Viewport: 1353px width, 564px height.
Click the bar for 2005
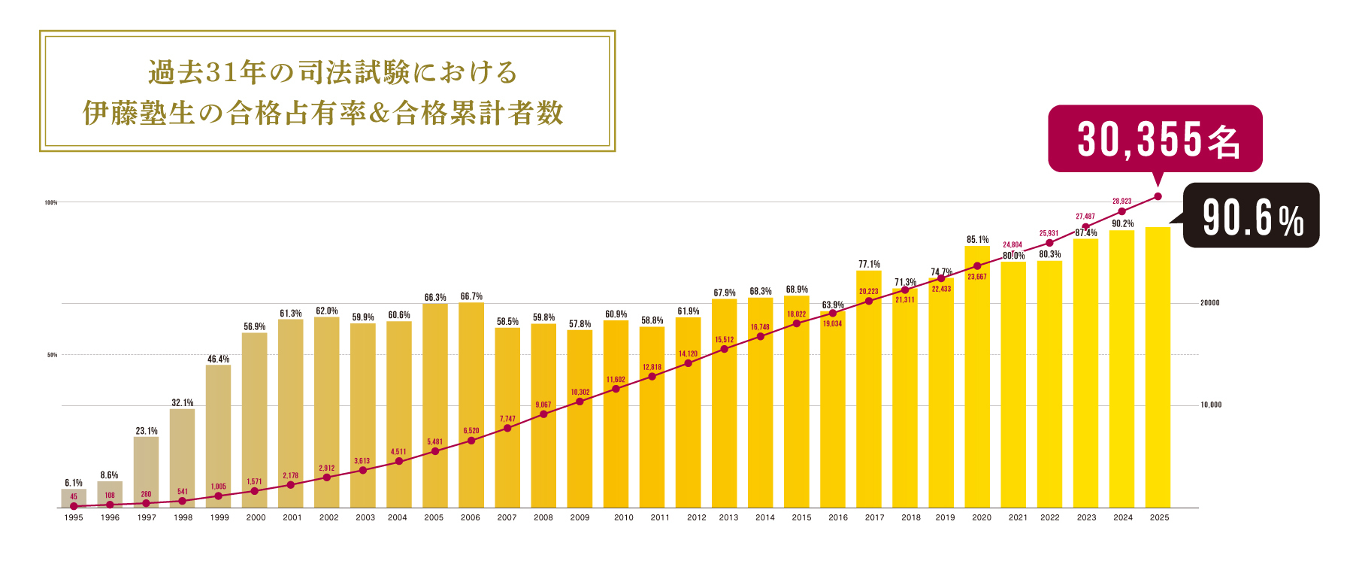click(434, 406)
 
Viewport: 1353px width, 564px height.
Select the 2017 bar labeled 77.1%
click(869, 391)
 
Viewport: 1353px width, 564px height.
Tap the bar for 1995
click(74, 498)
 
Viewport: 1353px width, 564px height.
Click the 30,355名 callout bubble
click(1155, 139)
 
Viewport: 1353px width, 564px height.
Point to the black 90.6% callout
click(1252, 217)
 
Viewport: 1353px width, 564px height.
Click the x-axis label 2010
click(623, 517)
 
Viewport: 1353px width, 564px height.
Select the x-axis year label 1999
click(219, 517)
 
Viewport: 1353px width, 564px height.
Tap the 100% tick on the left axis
click(51, 202)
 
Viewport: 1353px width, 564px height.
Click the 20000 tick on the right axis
click(1210, 303)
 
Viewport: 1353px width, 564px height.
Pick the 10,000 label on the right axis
click(1211, 405)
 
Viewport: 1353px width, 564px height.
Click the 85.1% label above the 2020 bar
click(977, 240)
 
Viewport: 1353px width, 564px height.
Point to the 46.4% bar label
click(218, 359)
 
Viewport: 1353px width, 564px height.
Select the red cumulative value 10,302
click(580, 392)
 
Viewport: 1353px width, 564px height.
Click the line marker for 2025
click(1158, 196)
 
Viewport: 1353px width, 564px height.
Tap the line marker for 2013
click(725, 349)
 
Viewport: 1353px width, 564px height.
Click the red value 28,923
click(1121, 202)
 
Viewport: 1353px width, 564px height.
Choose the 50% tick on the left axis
click(52, 355)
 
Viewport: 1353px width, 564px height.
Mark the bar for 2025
click(1158, 368)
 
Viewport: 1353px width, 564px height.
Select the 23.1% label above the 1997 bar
click(147, 431)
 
